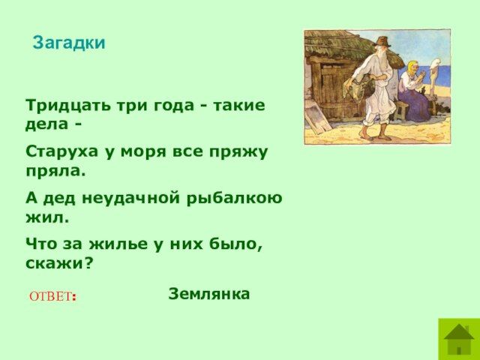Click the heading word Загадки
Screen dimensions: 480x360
(x=69, y=43)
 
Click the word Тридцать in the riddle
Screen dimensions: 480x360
(x=68, y=106)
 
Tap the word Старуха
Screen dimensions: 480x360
(x=61, y=152)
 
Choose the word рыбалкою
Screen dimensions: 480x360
(x=235, y=198)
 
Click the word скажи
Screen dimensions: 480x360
(x=58, y=263)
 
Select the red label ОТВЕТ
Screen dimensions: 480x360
(x=52, y=297)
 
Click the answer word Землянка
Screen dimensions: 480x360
(x=209, y=294)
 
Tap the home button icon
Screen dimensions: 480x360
(x=459, y=339)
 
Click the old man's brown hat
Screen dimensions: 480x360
(x=382, y=41)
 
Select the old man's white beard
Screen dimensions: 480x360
(x=382, y=60)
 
